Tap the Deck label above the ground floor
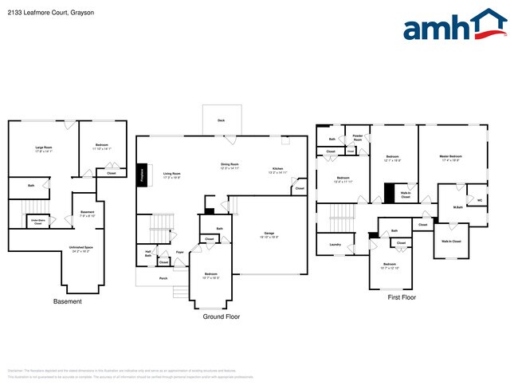point(221,121)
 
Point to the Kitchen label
point(278,168)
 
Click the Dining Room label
point(230,164)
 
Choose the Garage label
point(269,234)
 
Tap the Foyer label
point(180,252)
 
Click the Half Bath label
point(148,253)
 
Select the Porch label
point(163,278)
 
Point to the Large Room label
point(43,147)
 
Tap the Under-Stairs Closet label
point(37,222)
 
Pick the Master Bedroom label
point(451,156)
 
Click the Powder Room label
point(358,138)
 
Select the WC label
point(480,199)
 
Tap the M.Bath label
point(458,208)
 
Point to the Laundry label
point(335,245)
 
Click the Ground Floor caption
point(222,316)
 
